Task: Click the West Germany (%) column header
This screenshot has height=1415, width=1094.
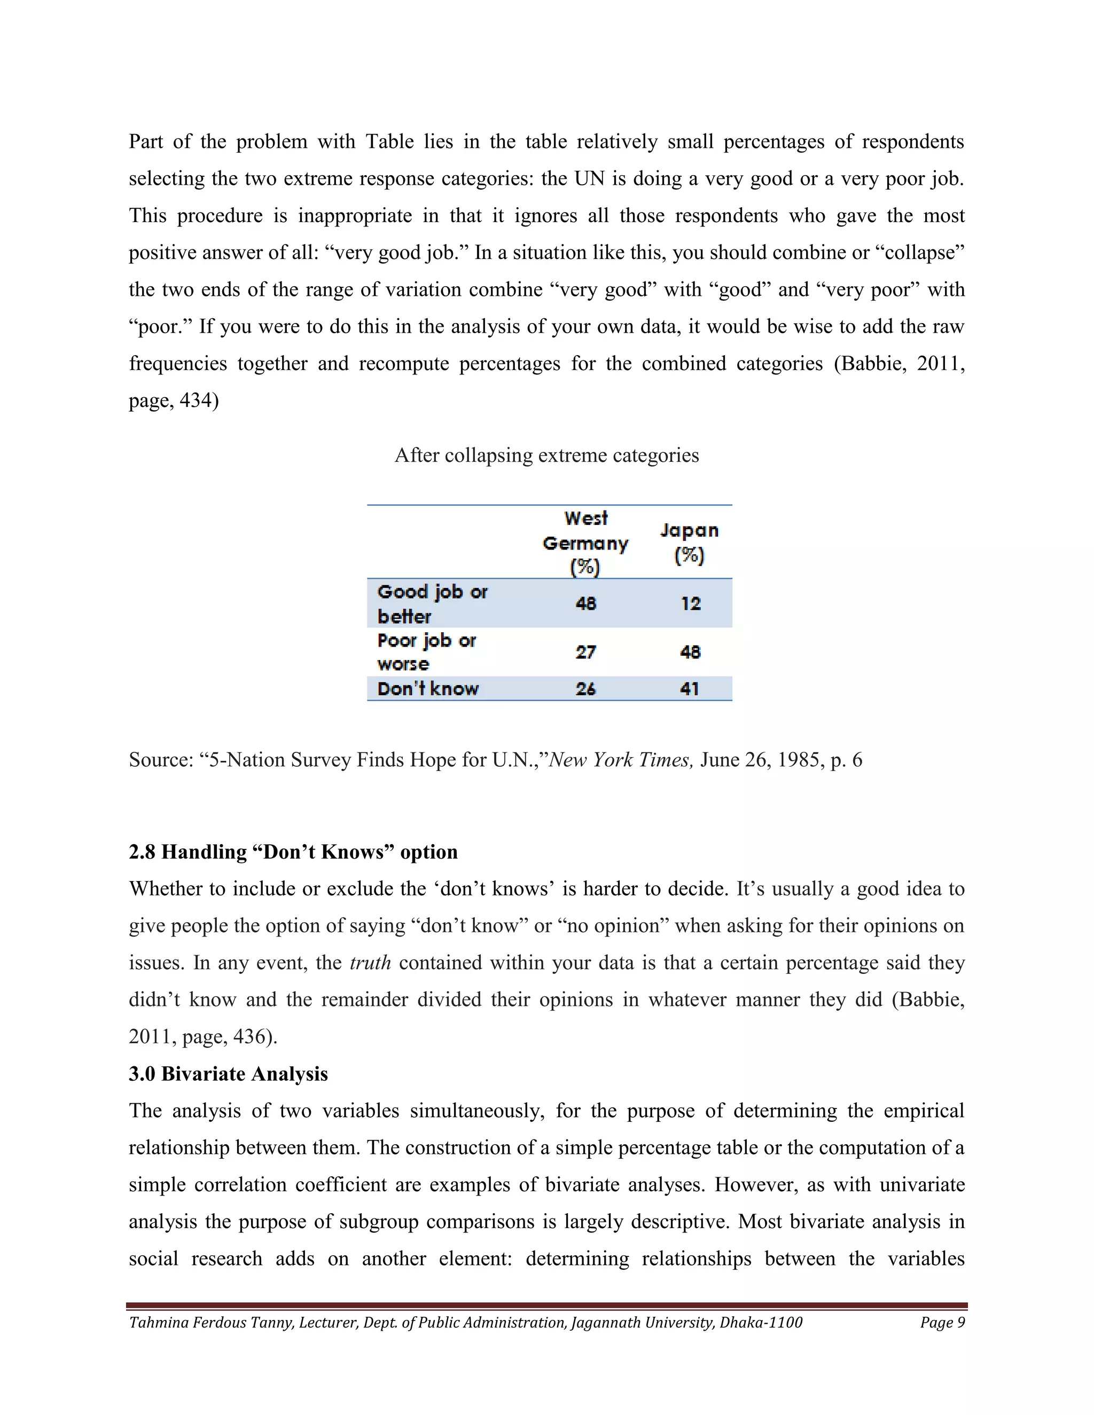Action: point(585,543)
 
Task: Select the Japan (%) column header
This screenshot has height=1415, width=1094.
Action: point(689,543)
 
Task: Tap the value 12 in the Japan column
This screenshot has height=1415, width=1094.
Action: point(690,603)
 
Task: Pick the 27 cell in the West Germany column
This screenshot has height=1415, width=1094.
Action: point(585,652)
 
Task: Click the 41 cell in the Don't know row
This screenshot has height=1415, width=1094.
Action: point(690,689)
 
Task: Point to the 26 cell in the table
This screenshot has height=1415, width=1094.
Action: point(585,689)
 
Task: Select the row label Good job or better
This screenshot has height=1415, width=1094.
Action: point(432,603)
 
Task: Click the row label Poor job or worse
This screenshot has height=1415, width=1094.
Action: point(426,652)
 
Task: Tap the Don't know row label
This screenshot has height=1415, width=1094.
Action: point(428,689)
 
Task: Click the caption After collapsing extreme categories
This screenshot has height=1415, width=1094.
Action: point(546,455)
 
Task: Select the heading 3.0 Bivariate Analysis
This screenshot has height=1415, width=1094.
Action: point(228,1074)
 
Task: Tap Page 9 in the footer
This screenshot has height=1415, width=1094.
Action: point(942,1322)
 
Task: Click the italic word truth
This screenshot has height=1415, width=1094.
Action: point(370,963)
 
